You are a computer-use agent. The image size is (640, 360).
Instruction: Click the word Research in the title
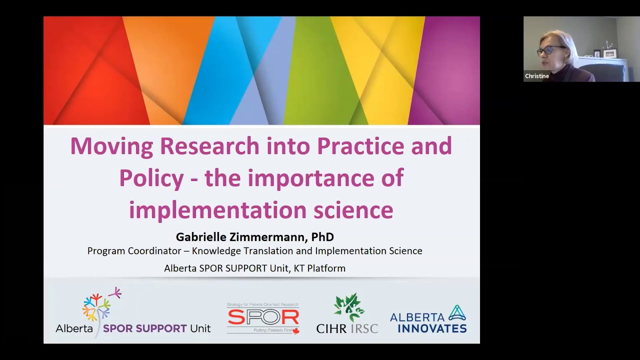(x=209, y=145)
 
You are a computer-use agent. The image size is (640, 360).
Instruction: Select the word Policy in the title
(x=151, y=178)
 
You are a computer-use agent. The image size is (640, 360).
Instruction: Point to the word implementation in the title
(x=218, y=210)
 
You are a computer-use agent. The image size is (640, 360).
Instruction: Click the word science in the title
(x=353, y=210)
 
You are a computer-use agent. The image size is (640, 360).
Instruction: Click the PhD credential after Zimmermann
(x=322, y=236)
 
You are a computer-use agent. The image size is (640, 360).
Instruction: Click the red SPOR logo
(x=263, y=317)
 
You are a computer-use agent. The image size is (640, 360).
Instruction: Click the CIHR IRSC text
(x=347, y=328)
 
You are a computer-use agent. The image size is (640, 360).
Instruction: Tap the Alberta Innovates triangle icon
(x=457, y=313)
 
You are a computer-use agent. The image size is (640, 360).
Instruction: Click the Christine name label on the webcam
(x=537, y=76)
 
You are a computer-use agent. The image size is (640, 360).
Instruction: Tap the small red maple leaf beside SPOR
(x=295, y=331)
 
